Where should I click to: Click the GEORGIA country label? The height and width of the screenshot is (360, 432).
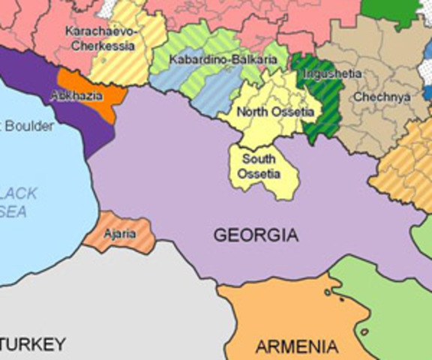tap(256, 235)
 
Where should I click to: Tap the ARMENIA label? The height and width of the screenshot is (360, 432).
tap(296, 347)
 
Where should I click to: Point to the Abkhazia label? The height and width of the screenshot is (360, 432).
tap(72, 96)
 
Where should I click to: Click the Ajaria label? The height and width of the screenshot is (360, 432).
tap(119, 234)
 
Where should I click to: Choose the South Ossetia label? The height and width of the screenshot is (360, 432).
tap(259, 166)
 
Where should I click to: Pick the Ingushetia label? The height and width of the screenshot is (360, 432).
tap(333, 73)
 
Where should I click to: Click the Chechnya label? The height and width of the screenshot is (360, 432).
tap(381, 97)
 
